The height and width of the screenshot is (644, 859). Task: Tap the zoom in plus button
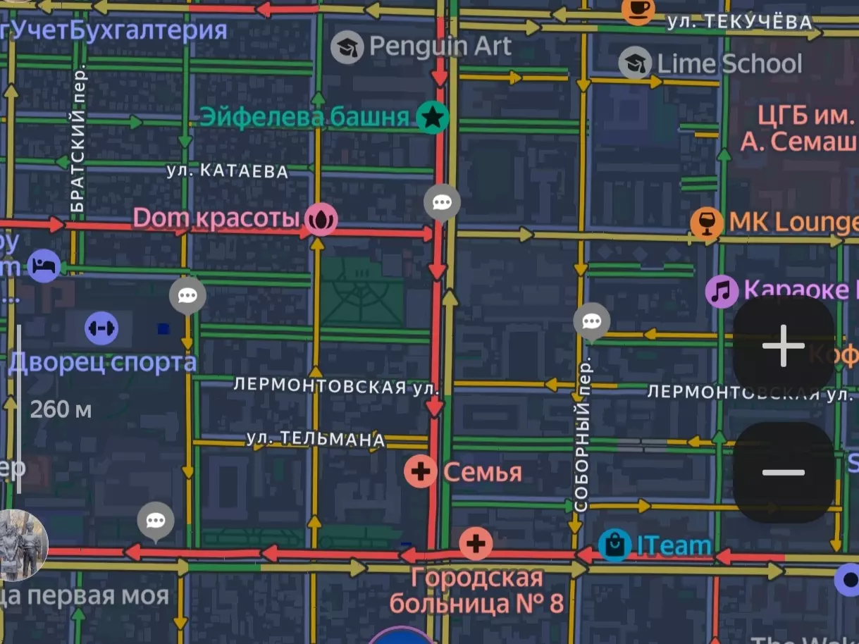[783, 346]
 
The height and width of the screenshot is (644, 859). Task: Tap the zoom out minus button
[783, 472]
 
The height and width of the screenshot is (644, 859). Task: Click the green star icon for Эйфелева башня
[433, 118]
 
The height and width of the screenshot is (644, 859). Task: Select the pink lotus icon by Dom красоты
[321, 220]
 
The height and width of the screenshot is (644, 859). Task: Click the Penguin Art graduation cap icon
[347, 47]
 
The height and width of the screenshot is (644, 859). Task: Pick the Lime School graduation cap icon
[635, 63]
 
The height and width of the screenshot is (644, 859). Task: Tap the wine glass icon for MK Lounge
[706, 222]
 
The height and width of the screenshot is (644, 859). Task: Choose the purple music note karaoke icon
[722, 291]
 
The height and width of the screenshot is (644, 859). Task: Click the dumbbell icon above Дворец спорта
[101, 328]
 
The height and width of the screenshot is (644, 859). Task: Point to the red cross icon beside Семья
[421, 471]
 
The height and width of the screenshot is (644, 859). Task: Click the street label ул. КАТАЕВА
[228, 171]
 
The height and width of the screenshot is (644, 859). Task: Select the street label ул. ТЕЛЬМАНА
[316, 439]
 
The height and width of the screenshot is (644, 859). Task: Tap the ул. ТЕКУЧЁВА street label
[740, 23]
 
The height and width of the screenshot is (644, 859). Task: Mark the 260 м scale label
[61, 409]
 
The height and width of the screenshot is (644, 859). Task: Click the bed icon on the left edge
[44, 266]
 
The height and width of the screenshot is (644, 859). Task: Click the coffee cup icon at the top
[638, 8]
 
